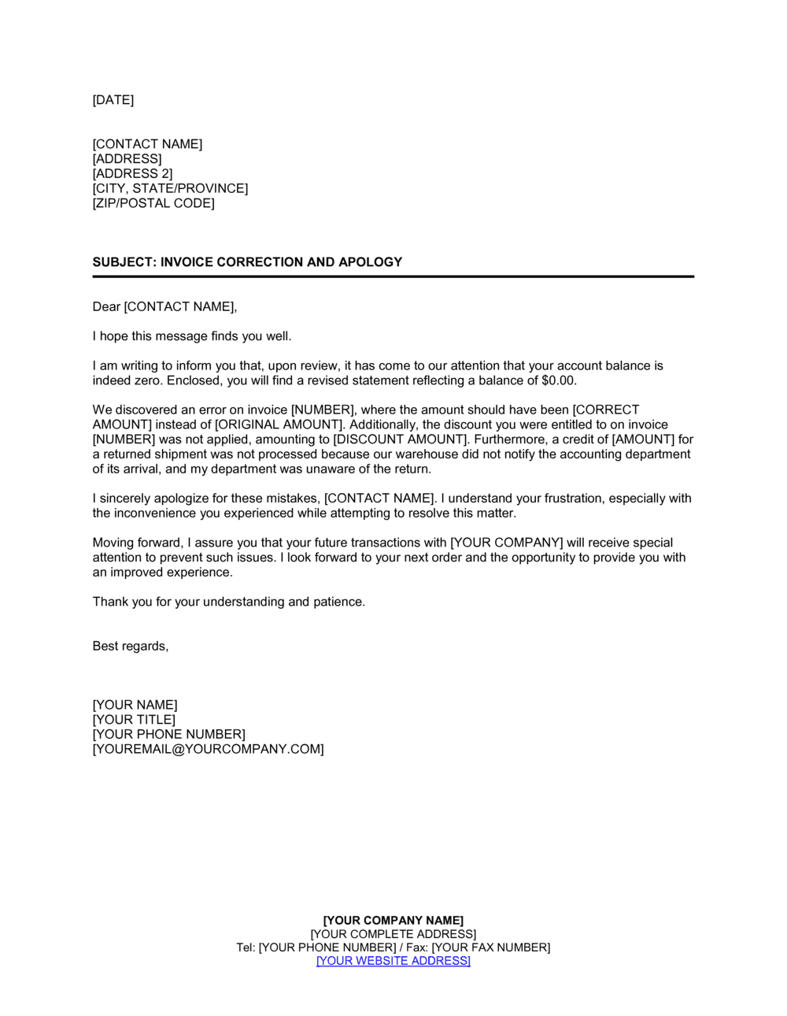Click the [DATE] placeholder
[113, 100]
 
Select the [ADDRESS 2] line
[132, 174]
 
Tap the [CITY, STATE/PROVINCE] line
[170, 188]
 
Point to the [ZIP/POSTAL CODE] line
[153, 203]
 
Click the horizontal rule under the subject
[393, 277]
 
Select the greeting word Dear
[106, 306]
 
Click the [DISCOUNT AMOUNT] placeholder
[400, 439]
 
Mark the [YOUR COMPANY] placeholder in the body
[506, 543]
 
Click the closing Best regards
[131, 647]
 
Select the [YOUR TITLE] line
[134, 720]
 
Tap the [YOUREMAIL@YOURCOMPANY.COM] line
[208, 749]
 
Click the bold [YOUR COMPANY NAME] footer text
[393, 921]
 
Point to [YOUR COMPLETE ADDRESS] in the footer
[393, 934]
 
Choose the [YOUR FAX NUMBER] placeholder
[491, 947]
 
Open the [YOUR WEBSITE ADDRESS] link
[393, 961]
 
